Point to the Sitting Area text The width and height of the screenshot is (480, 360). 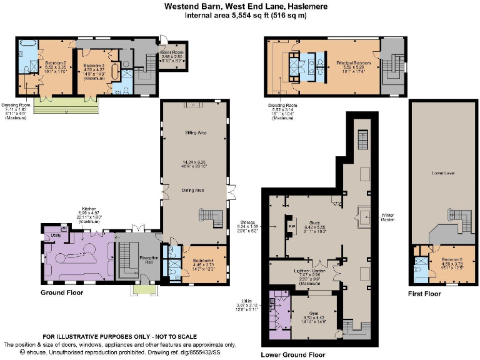196,133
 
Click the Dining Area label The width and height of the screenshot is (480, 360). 196,189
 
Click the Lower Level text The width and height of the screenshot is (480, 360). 443,172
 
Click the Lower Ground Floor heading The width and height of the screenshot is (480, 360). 292,354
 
